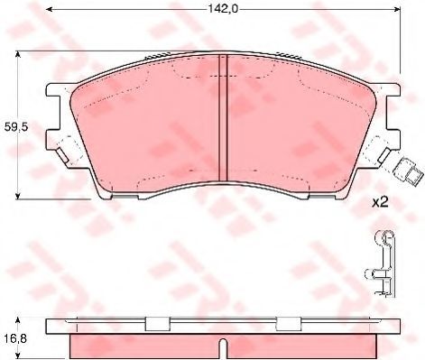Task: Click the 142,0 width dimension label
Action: pyautogui.click(x=223, y=9)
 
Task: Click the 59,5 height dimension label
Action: pyautogui.click(x=16, y=127)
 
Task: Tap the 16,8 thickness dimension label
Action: pyautogui.click(x=15, y=338)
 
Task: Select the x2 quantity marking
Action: pyautogui.click(x=380, y=202)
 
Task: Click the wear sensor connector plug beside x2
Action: pyautogui.click(x=409, y=171)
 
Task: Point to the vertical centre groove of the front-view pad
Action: pyautogui.click(x=223, y=118)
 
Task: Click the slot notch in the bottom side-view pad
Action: pyautogui.click(x=223, y=349)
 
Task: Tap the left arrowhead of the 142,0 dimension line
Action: pyautogui.click(x=49, y=9)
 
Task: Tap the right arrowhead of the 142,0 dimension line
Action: pyautogui.click(x=397, y=9)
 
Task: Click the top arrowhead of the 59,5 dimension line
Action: pyautogui.click(x=18, y=54)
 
